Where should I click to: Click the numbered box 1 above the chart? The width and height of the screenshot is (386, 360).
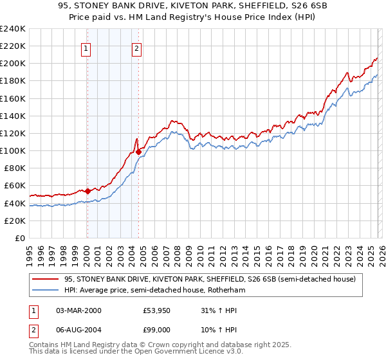click(86, 46)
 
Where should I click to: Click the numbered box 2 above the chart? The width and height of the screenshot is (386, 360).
click(137, 46)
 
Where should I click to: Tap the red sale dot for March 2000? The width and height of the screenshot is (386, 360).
click(87, 190)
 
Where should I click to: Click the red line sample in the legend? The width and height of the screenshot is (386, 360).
click(46, 279)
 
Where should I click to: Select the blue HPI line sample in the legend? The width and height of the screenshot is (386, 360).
click(46, 291)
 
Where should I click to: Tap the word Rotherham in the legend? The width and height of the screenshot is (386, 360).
click(225, 291)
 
